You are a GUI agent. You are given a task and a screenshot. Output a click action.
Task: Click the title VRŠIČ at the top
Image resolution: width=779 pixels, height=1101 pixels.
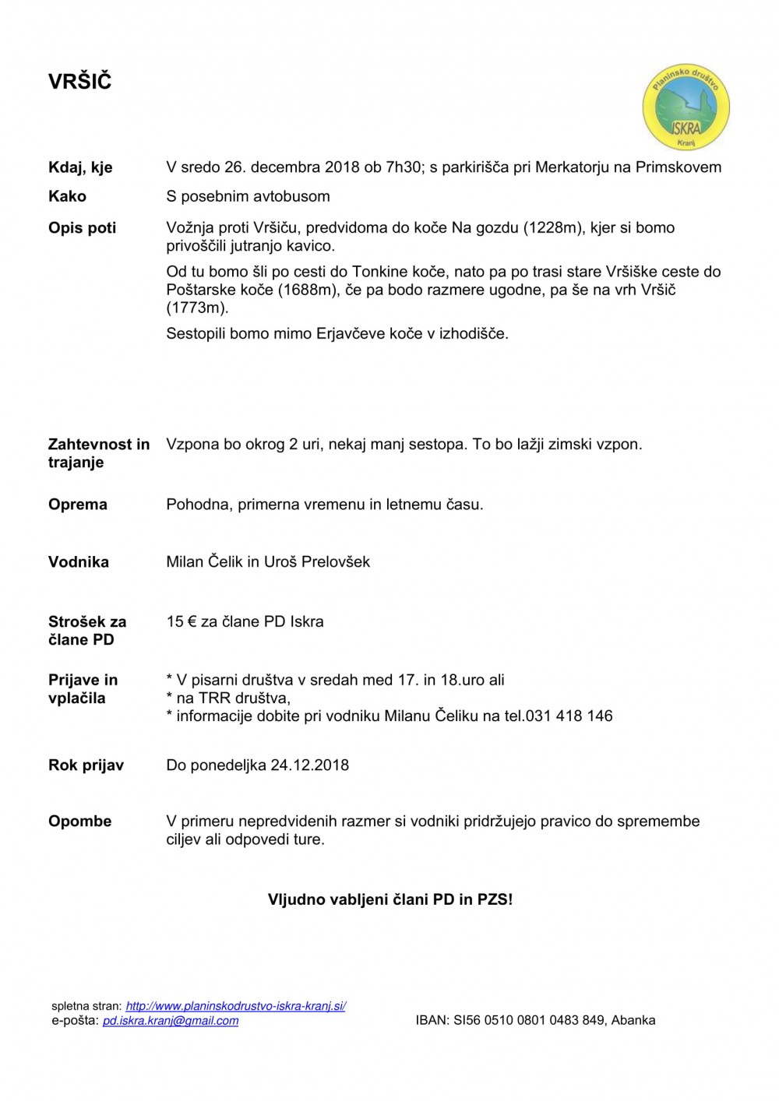tap(80, 82)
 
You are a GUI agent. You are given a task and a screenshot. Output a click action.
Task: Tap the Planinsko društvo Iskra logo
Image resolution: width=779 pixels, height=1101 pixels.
tap(686, 107)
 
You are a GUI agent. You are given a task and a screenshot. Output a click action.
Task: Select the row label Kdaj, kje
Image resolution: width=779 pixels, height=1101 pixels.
tap(80, 167)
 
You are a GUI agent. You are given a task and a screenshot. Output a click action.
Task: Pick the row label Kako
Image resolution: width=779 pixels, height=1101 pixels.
tap(67, 196)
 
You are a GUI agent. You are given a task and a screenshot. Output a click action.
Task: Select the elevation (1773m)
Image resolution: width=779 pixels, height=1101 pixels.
tap(198, 308)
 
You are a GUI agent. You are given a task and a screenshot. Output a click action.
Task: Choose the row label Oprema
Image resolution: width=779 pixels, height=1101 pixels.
tap(78, 505)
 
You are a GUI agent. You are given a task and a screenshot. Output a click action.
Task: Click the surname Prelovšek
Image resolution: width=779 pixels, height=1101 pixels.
tap(335, 561)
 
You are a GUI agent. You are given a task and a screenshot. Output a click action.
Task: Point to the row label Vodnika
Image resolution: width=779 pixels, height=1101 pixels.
tap(79, 562)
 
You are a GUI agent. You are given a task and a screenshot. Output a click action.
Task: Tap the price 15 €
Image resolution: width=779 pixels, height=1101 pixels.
tap(182, 621)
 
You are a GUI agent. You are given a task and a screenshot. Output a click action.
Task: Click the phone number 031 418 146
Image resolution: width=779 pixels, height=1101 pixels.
tap(569, 716)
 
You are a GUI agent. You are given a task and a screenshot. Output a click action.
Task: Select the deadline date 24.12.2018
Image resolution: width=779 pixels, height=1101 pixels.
tap(310, 765)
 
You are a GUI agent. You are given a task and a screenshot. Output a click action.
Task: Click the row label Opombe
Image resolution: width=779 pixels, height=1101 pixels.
tap(80, 821)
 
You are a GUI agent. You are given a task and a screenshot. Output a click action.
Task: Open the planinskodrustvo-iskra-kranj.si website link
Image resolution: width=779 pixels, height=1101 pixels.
tap(236, 1006)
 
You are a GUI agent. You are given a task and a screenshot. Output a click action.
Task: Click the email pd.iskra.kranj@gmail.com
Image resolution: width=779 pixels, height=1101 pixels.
tap(171, 1021)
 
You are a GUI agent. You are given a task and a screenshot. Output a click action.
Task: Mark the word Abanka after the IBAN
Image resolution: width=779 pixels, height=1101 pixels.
tap(633, 1020)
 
